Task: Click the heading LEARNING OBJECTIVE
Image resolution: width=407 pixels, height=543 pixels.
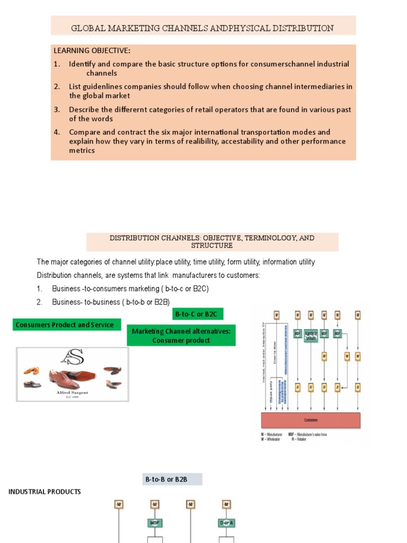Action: tap(92, 51)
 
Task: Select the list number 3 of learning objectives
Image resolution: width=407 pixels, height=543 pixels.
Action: tap(57, 110)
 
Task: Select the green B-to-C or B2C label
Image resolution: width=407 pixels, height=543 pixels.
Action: tap(196, 314)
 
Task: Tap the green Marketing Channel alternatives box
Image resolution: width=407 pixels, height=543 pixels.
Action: tap(181, 336)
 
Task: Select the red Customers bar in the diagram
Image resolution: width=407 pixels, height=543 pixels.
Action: tap(311, 420)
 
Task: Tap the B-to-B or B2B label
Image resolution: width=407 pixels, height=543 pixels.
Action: tap(172, 479)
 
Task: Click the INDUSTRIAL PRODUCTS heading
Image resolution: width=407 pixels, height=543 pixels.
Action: tap(45, 492)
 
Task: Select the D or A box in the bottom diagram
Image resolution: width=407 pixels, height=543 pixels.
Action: tap(226, 523)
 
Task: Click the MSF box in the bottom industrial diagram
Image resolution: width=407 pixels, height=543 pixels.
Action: tap(154, 523)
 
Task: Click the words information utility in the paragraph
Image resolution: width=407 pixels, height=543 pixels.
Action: tap(289, 262)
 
